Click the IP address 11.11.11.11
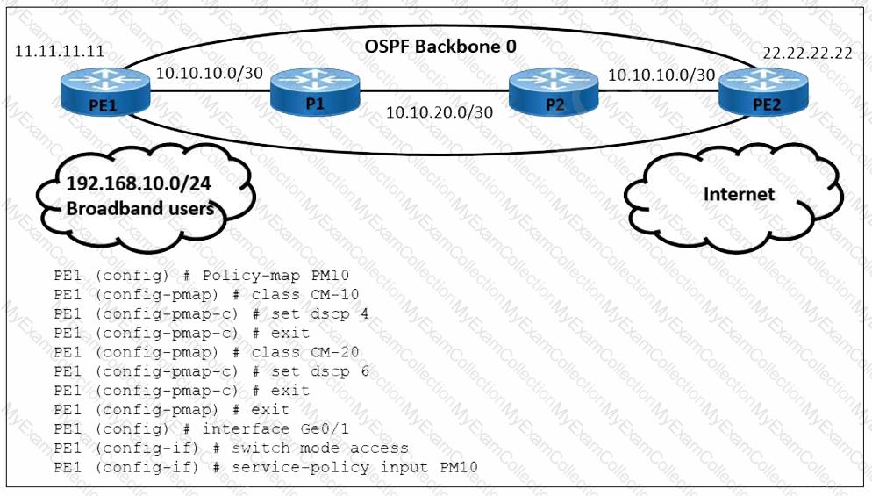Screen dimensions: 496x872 [x=60, y=51]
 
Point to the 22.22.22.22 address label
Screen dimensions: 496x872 [x=807, y=53]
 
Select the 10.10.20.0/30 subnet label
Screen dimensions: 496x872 [x=439, y=111]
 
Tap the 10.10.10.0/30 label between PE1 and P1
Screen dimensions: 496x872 [x=209, y=74]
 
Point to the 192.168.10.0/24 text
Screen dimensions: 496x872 [x=140, y=183]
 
